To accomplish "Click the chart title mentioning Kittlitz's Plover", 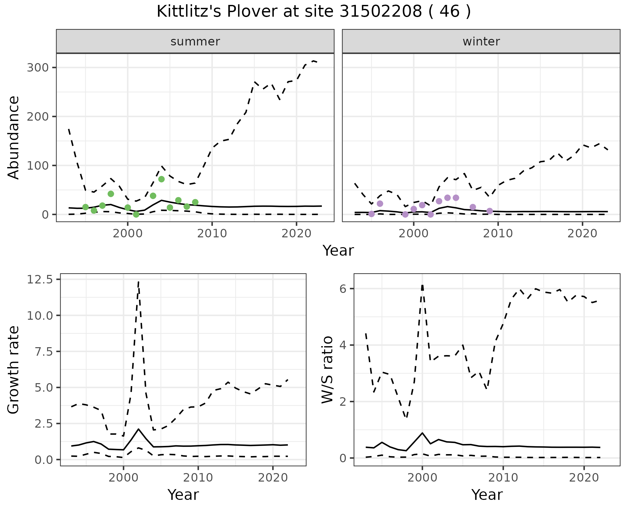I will point(314,12).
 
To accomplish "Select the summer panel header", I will point(195,42).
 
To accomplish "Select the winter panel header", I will point(481,42).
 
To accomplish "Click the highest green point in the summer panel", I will point(161,179).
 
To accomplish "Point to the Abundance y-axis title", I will point(14,137).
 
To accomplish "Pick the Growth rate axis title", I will point(14,370).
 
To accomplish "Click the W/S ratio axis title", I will point(327,370).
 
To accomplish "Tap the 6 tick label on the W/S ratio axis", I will point(343,289).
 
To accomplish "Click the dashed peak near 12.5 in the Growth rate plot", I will point(139,282).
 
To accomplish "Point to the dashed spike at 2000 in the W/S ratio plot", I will point(422,286).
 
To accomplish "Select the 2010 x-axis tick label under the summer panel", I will point(212,233).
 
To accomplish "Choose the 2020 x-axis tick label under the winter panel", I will point(582,233).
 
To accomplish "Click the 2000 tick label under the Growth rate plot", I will point(123,478).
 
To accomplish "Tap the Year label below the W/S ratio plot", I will point(487,495).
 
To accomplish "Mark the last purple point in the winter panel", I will point(490,211).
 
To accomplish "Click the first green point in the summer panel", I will point(85,207).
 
